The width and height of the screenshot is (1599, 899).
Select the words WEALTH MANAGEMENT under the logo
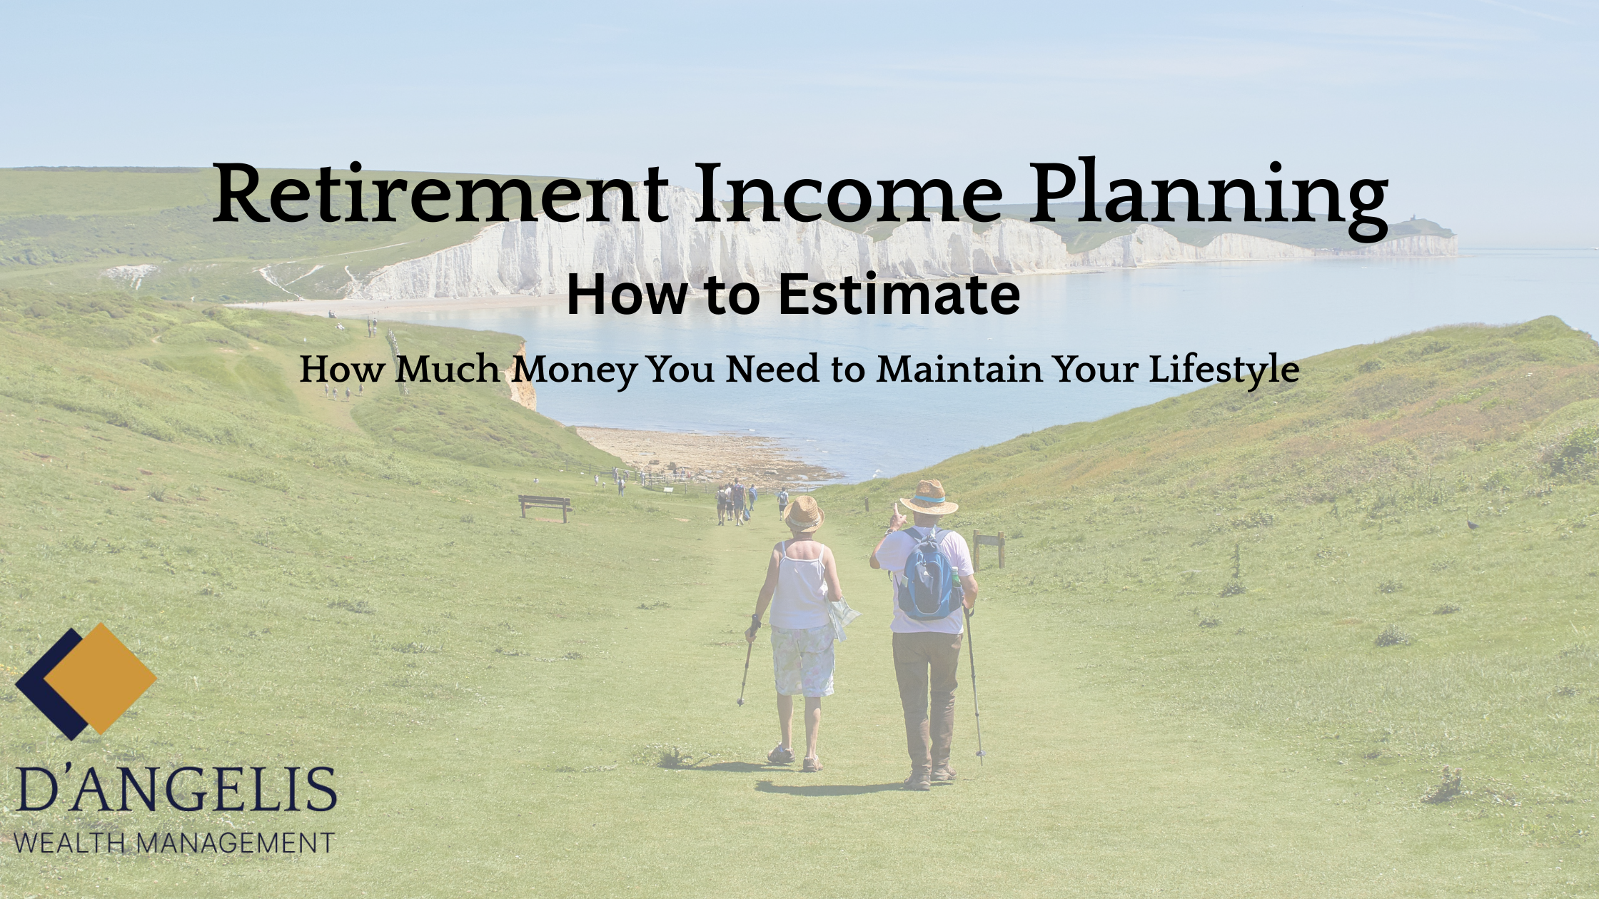tap(173, 842)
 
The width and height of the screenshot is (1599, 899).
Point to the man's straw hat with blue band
tap(929, 497)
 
